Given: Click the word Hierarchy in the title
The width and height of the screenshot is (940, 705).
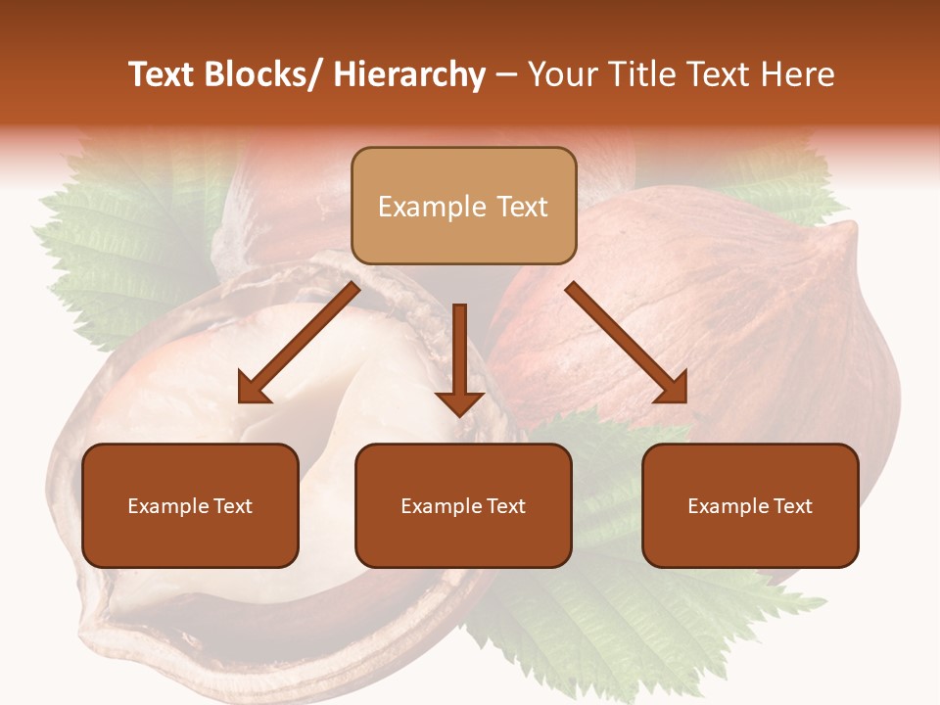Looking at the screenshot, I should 409,74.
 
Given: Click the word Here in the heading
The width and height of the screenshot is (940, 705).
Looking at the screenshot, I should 799,74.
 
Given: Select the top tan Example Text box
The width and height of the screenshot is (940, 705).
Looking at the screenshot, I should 463,207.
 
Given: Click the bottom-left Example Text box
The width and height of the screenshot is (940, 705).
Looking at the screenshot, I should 190,506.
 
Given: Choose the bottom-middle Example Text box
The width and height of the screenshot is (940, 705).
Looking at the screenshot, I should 463,506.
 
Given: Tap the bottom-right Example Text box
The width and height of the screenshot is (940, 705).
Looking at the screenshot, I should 750,506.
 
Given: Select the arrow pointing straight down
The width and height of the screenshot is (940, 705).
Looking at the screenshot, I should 459,352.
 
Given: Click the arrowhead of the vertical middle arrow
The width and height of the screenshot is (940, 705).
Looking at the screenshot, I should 459,402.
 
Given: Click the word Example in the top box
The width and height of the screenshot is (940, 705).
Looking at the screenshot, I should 418,207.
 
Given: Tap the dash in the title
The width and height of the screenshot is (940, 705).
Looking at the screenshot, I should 506,75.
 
